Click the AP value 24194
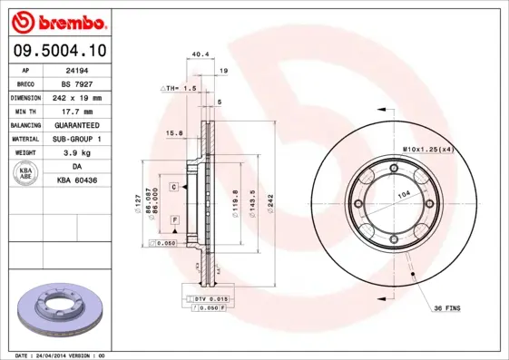click(x=74, y=69)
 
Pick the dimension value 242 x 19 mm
click(x=74, y=97)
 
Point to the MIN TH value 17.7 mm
click(x=74, y=111)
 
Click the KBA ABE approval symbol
click(x=26, y=173)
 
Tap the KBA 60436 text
click(x=74, y=181)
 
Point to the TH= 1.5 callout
click(x=180, y=88)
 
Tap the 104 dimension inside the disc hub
click(x=403, y=196)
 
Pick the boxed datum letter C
click(x=172, y=186)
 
